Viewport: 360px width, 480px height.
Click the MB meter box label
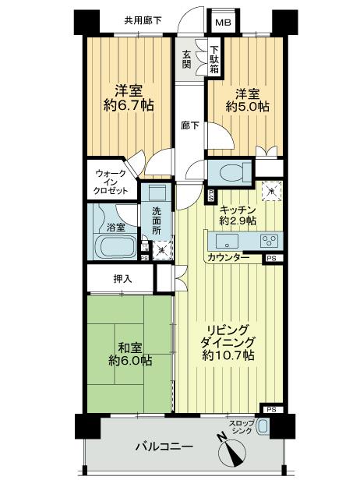pyautogui.click(x=223, y=23)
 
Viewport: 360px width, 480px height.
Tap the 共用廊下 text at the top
pyautogui.click(x=143, y=20)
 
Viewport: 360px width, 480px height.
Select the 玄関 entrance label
pyautogui.click(x=186, y=60)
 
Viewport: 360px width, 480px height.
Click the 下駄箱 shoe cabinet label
pyautogui.click(x=214, y=60)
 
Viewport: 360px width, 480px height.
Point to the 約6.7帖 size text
pyautogui.click(x=129, y=106)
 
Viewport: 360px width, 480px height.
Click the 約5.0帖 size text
pyautogui.click(x=248, y=107)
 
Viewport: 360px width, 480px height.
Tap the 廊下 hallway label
pyautogui.click(x=190, y=125)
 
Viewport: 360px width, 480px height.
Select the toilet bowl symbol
pyautogui.click(x=235, y=172)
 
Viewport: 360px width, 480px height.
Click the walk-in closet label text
pyautogui.click(x=111, y=182)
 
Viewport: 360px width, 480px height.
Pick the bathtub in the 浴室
pyautogui.click(x=115, y=247)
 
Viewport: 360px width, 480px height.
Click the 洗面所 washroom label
pyautogui.click(x=157, y=221)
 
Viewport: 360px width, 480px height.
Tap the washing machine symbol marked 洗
pyautogui.click(x=162, y=250)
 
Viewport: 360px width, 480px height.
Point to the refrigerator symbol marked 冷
pyautogui.click(x=272, y=192)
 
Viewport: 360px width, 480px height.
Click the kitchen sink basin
pyautogui.click(x=227, y=242)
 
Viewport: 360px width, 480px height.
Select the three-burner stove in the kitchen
pyautogui.click(x=270, y=241)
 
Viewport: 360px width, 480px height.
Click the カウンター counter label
pyautogui.click(x=228, y=258)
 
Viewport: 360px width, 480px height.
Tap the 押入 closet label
pyautogui.click(x=123, y=279)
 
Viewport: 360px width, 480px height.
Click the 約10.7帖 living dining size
pyautogui.click(x=228, y=355)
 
